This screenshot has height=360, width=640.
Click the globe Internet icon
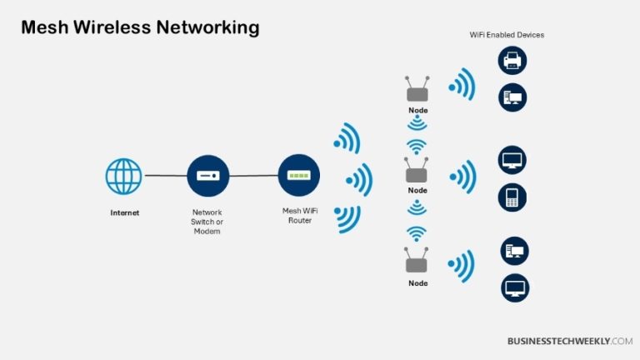click(123, 176)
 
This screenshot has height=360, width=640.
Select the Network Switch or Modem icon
click(207, 176)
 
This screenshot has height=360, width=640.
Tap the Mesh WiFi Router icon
click(297, 176)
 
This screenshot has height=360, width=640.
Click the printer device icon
click(512, 60)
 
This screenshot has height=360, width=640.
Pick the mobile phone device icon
click(512, 197)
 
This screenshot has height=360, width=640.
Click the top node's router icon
click(417, 92)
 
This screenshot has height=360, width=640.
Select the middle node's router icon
click(417, 172)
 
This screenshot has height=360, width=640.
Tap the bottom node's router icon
click(417, 263)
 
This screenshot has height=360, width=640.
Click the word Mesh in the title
click(45, 27)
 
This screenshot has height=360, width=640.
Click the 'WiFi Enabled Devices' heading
click(507, 35)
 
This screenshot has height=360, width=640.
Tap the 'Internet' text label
click(125, 212)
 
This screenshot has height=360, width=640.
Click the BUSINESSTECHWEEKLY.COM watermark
click(570, 341)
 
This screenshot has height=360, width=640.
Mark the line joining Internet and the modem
click(165, 176)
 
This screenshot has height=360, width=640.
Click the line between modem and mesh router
click(252, 176)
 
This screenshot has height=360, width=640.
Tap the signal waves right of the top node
click(461, 86)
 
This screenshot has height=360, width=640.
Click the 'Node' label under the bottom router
click(417, 283)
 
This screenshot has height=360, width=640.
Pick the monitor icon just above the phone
click(512, 159)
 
